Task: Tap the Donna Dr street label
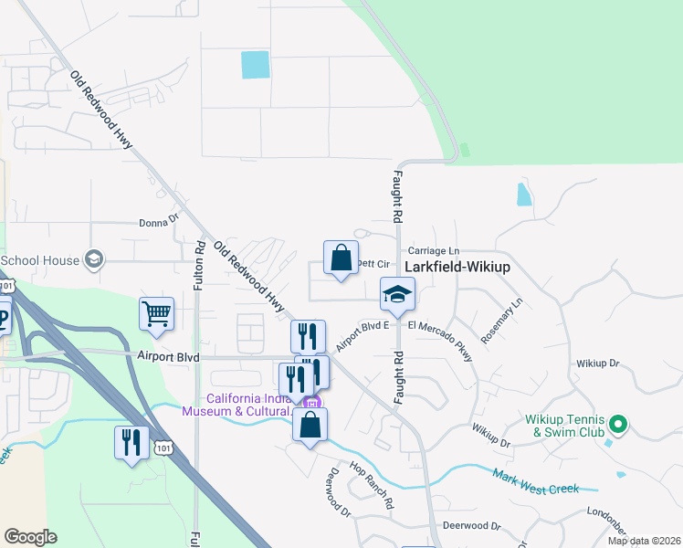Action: tap(159, 220)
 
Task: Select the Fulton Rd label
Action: tap(198, 264)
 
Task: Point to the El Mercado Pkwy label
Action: tap(441, 337)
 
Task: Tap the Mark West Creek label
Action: tap(535, 482)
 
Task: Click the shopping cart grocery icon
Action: tap(156, 313)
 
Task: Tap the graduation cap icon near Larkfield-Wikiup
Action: tap(398, 294)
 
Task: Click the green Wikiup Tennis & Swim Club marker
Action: tap(618, 423)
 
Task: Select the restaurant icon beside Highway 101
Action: tap(131, 442)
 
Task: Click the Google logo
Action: tap(30, 537)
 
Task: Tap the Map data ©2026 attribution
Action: tap(644, 541)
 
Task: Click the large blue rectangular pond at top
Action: tap(256, 64)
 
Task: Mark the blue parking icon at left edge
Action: tap(3, 318)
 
